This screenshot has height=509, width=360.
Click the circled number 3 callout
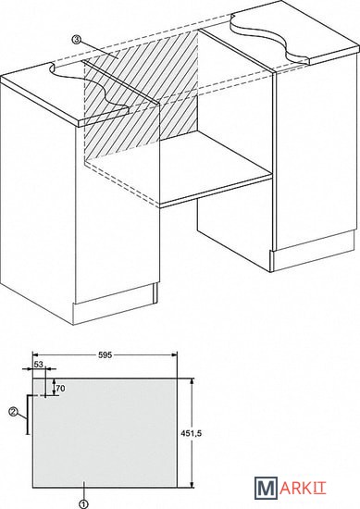(76, 40)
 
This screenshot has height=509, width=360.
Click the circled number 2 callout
(13, 412)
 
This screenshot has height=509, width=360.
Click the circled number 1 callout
(83, 504)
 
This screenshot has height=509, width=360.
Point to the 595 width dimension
(105, 354)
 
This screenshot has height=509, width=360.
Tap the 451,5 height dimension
(192, 433)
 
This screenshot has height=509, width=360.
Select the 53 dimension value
(38, 365)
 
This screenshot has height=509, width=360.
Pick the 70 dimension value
(61, 389)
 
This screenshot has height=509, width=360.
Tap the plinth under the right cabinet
(313, 253)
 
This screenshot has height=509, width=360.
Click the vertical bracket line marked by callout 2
(28, 415)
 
